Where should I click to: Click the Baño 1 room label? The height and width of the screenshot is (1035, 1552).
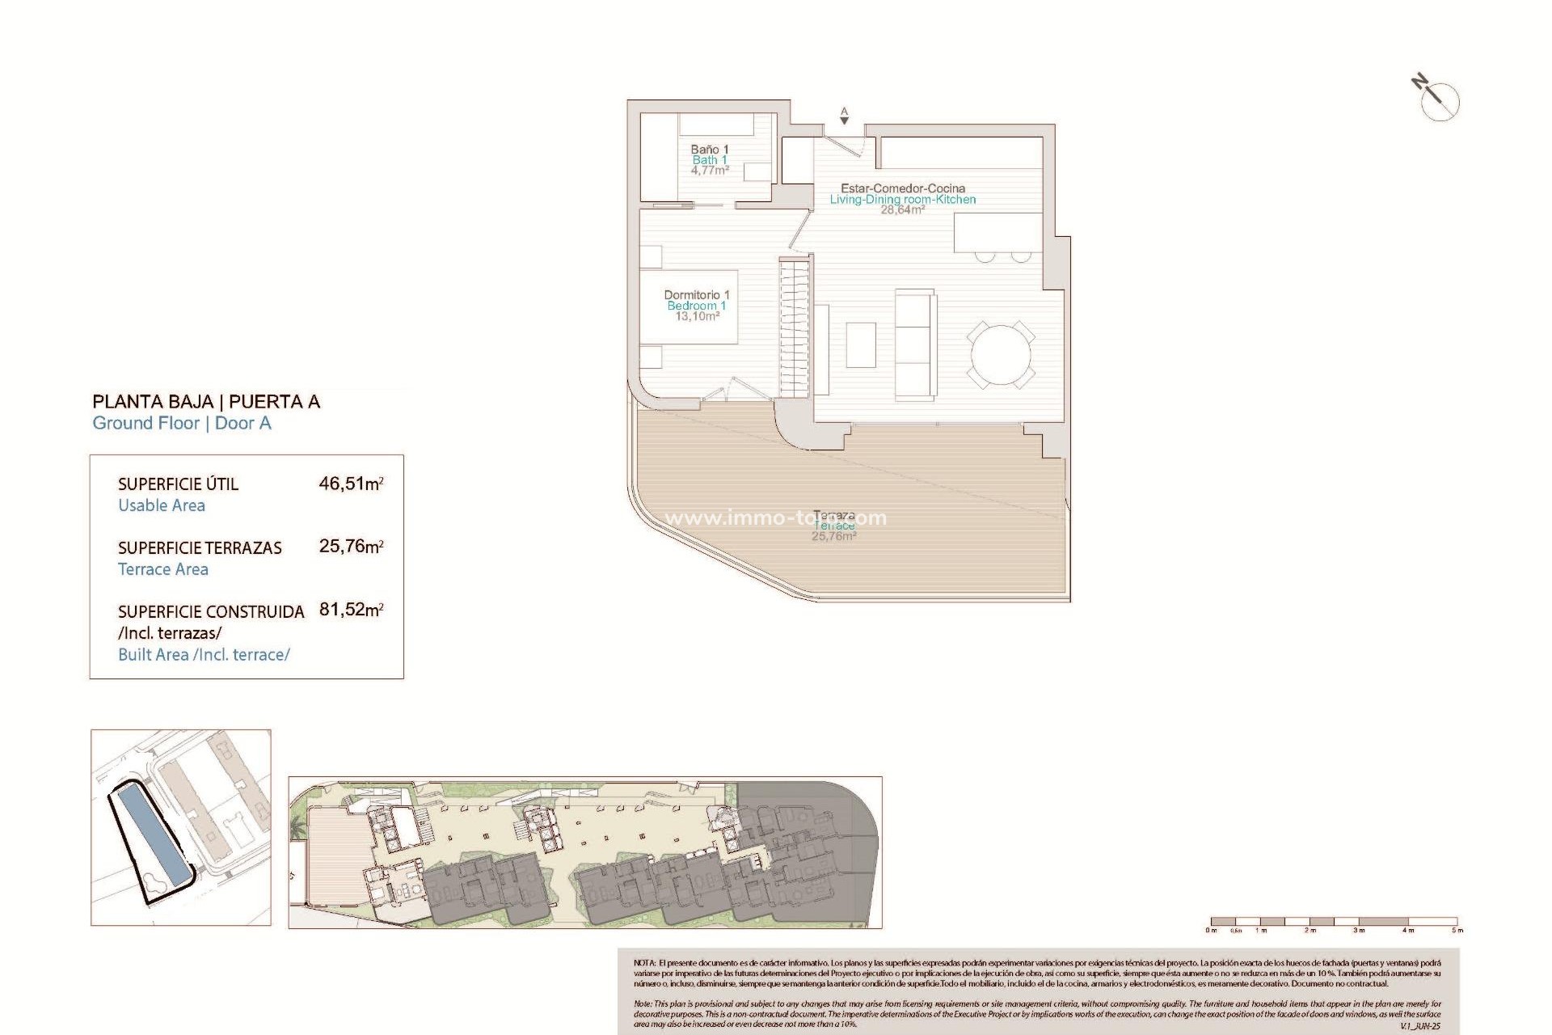click(709, 150)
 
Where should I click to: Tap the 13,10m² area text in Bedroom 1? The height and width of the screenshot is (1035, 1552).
click(697, 317)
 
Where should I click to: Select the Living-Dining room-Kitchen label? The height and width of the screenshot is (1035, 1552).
click(902, 200)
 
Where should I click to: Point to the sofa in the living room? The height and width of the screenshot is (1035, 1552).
click(915, 344)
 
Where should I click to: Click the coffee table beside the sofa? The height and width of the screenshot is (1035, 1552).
click(861, 345)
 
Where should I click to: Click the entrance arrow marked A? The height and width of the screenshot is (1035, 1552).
click(844, 119)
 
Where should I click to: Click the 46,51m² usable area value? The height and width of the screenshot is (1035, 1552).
click(350, 484)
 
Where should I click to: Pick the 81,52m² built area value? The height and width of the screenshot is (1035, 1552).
click(350, 610)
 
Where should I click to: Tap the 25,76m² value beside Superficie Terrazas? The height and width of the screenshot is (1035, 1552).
click(350, 547)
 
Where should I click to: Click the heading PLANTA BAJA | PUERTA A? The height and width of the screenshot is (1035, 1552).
click(206, 402)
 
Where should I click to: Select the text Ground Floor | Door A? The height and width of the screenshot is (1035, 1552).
click(182, 424)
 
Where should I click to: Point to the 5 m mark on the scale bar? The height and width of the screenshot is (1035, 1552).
click(1457, 931)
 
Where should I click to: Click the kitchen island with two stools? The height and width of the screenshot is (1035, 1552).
click(997, 233)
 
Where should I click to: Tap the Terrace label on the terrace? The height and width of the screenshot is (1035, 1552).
click(833, 526)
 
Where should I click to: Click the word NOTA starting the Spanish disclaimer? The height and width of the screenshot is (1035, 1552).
click(644, 964)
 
